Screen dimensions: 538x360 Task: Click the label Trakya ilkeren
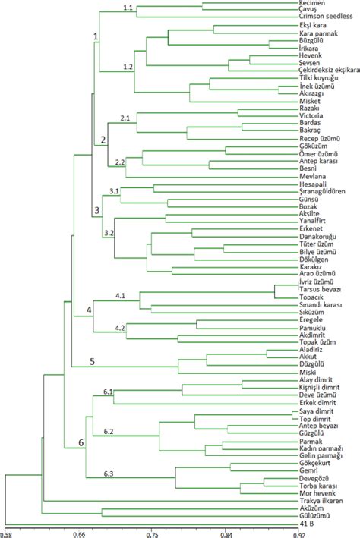tap(321, 501)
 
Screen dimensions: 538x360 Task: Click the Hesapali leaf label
tap(314, 184)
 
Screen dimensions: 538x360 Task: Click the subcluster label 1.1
tap(128, 8)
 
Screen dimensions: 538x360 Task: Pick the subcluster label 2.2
tap(118, 162)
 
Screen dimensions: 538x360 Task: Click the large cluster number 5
tap(93, 361)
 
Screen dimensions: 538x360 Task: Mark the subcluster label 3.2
tap(108, 232)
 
